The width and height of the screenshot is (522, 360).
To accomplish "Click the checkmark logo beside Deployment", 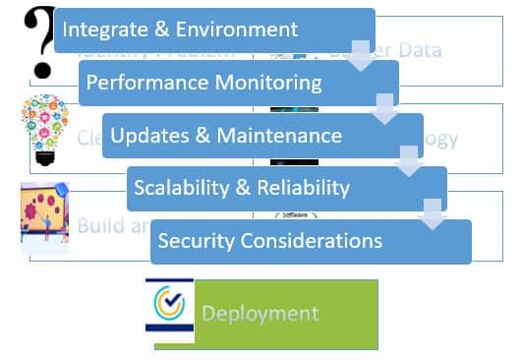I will pos(169,311).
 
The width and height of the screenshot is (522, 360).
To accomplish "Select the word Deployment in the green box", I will pos(260,314).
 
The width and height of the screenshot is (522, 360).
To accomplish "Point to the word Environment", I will pos(237,30).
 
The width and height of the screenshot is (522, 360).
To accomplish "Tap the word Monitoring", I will pos(264,82).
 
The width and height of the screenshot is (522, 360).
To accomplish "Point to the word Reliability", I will pos(300,188).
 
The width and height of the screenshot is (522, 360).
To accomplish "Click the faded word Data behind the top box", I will pos(413,50).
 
